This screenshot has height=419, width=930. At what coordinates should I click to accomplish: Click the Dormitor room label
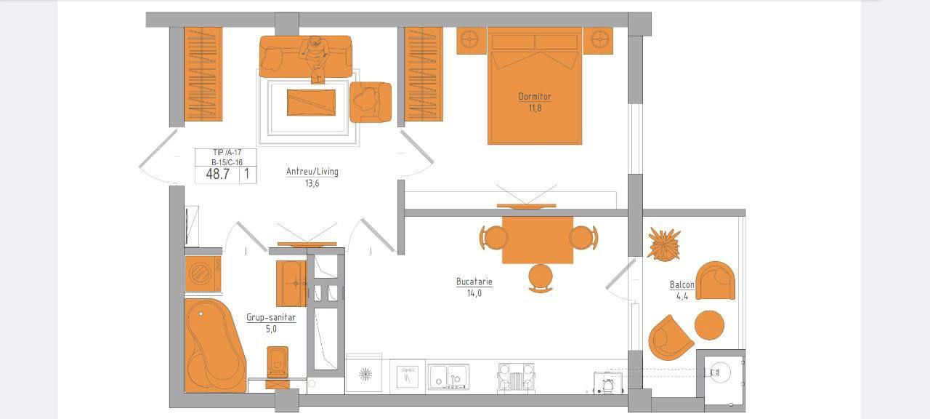tap(535, 97)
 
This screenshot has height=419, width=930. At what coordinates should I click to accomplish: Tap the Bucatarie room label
tap(474, 282)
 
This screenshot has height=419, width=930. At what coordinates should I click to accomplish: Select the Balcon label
tap(682, 284)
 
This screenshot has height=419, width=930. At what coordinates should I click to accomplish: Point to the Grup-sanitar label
tap(271, 317)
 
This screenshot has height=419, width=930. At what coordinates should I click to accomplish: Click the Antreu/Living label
tap(312, 171)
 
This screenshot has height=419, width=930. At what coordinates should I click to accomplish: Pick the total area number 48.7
tap(217, 174)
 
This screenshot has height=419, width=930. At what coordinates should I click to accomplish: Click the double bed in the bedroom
tap(535, 86)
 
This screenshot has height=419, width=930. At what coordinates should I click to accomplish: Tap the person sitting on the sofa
tap(315, 58)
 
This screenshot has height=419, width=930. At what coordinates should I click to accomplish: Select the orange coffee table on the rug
tap(311, 103)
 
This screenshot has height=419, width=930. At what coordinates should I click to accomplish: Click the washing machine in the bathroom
tap(203, 274)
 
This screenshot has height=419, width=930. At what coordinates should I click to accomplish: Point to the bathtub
tap(214, 346)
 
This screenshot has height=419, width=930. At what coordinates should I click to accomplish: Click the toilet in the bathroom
tap(278, 367)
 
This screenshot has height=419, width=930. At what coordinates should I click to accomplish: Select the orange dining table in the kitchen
tap(538, 240)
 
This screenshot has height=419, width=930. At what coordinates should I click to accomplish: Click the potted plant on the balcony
tap(664, 244)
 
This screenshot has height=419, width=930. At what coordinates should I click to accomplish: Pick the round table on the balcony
tap(709, 325)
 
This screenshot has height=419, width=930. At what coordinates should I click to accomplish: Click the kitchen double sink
tap(448, 377)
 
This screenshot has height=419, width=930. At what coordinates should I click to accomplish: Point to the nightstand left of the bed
tap(472, 41)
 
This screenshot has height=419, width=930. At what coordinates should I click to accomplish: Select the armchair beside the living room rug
tap(371, 103)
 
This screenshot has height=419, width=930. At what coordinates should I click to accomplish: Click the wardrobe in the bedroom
tap(424, 74)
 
